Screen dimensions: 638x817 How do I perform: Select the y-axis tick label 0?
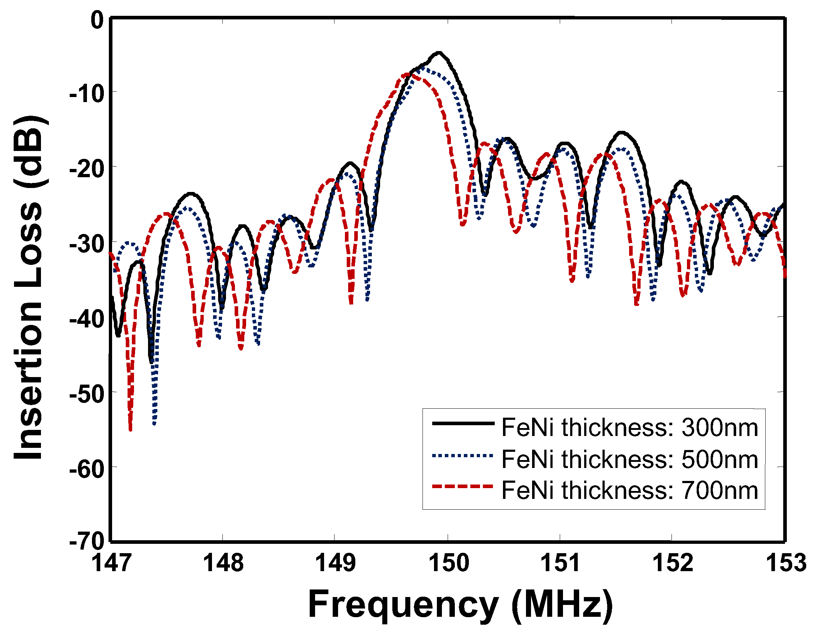[97, 20]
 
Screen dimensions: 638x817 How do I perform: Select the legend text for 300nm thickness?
[629, 427]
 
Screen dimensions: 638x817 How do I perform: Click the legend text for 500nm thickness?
[629, 459]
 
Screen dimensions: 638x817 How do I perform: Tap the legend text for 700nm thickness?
[629, 490]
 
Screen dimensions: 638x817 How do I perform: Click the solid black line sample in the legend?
[463, 423]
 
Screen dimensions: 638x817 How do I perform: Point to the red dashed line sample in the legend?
[463, 486]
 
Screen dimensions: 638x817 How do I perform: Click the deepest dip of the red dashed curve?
[130, 430]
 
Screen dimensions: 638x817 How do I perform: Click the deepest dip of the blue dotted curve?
[154, 423]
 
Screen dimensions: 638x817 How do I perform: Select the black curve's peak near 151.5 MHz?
[621, 133]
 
